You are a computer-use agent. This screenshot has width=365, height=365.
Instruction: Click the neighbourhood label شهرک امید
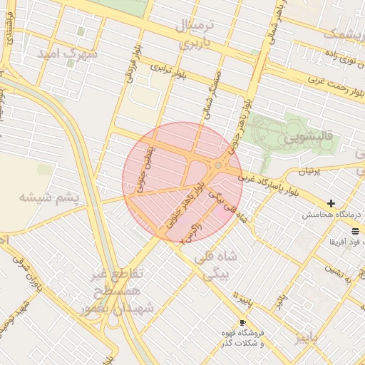coord(70,54)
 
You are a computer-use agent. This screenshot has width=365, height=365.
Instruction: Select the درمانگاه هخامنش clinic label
coord(332,215)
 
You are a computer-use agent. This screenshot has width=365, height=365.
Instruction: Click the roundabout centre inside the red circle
coord(217,166)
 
